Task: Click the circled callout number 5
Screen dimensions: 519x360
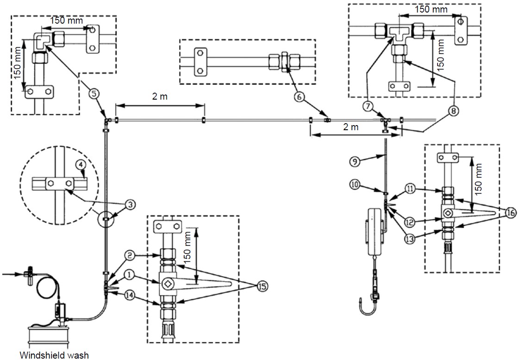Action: pos(94,94)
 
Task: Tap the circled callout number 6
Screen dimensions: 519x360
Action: pos(299,96)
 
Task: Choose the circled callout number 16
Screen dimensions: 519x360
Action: pos(510,213)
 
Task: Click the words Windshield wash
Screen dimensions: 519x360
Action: pos(54,355)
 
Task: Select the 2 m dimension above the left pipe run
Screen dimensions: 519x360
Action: pos(160,96)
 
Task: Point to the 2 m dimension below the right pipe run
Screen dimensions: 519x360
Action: pos(350,127)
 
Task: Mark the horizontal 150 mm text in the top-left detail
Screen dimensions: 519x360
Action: pos(67,20)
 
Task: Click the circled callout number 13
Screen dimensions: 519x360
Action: pos(409,239)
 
